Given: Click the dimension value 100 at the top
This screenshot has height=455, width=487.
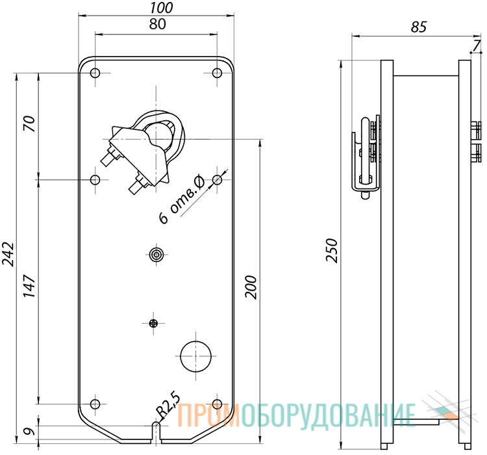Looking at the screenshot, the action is click(161, 7).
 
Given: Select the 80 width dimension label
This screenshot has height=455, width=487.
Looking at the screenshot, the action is click(158, 24).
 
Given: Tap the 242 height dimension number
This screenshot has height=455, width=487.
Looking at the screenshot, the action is click(8, 254).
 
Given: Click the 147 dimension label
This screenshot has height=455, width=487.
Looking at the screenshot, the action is click(30, 286).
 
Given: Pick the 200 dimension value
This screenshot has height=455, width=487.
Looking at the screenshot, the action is click(251, 287).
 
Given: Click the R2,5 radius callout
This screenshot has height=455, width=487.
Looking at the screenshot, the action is click(168, 406).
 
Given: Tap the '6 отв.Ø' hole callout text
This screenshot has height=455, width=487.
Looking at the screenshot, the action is click(182, 200).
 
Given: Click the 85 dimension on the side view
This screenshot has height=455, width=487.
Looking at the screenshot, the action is click(419, 27).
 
